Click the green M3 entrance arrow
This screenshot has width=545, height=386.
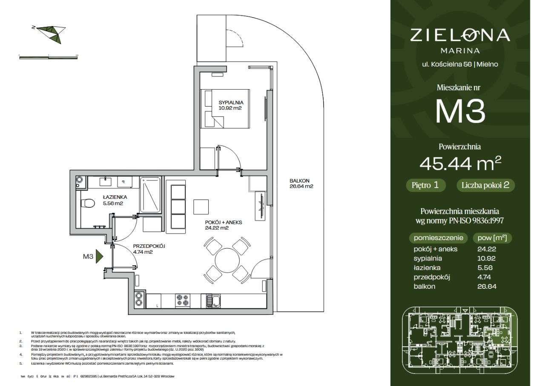(99, 256)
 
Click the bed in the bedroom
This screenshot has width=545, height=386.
(225, 108)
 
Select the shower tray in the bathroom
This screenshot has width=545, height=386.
(151, 195)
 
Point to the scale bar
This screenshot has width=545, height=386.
(49, 58)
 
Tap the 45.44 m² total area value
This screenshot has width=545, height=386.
(460, 163)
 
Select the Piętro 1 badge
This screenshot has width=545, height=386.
(425, 185)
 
